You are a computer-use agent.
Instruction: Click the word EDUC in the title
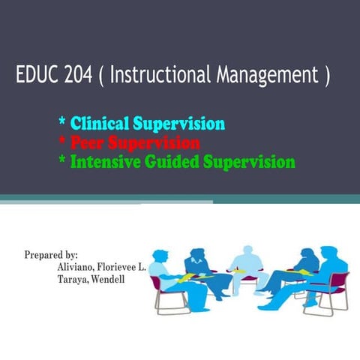point(36,76)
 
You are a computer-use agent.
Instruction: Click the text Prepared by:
point(51,254)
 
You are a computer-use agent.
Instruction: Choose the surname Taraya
point(74,280)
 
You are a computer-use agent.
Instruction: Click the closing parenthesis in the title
point(326,76)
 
